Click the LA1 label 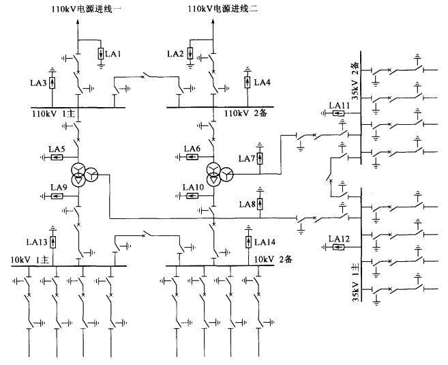(114, 53)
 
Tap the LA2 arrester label (175, 53)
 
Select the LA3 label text (38, 83)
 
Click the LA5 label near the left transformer (57, 149)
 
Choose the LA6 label (192, 149)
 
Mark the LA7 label (246, 159)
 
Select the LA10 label (194, 187)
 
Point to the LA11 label (339, 106)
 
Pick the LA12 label (339, 238)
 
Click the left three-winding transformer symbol (82, 174)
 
